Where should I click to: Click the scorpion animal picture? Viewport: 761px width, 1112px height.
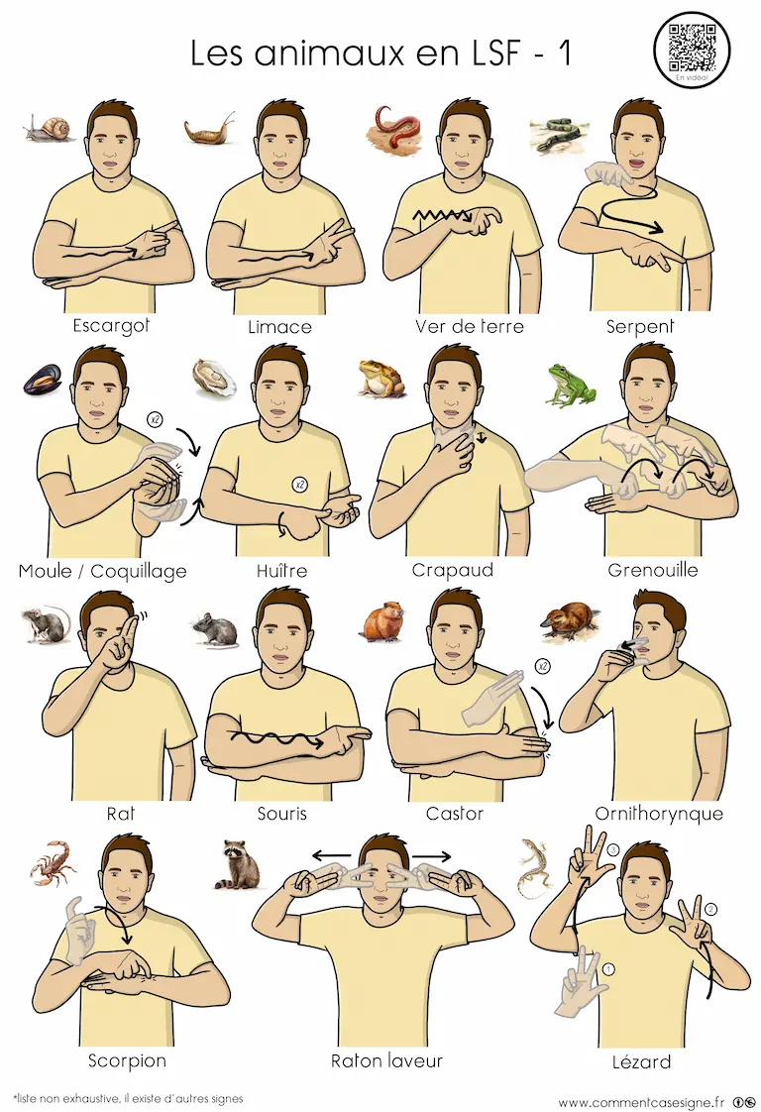click(x=54, y=863)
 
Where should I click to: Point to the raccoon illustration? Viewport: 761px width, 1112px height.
click(x=236, y=865)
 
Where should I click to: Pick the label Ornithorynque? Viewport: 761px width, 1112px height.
click(x=659, y=814)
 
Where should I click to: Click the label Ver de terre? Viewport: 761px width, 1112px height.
click(x=470, y=326)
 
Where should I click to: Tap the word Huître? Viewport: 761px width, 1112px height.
click(x=281, y=570)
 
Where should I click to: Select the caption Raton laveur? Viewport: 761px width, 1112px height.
click(x=386, y=1060)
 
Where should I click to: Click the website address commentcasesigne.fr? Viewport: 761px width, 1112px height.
click(x=641, y=1102)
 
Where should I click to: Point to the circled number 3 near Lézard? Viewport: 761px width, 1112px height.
click(x=612, y=849)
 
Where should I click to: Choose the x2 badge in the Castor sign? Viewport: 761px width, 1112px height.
click(x=543, y=666)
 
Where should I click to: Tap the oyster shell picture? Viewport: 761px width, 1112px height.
click(x=214, y=377)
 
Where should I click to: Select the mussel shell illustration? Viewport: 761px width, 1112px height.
click(x=42, y=380)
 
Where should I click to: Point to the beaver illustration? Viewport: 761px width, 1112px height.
click(x=383, y=622)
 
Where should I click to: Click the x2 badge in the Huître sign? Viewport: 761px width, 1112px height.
click(x=299, y=485)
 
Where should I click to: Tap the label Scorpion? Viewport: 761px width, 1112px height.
click(x=127, y=1060)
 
